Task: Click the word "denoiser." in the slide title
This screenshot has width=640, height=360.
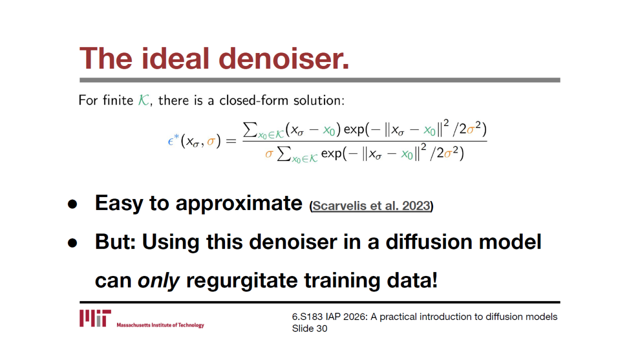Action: point(283,58)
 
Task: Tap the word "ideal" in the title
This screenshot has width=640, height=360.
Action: point(175,58)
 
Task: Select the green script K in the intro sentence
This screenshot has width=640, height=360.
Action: point(143,100)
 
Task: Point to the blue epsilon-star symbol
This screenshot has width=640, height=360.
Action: point(173,140)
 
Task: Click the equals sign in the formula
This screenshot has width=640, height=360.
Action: point(231,141)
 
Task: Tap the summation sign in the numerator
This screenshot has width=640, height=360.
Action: point(250,129)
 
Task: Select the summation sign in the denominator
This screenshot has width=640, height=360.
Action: point(284,153)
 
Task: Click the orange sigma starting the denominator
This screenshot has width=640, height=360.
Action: point(269,154)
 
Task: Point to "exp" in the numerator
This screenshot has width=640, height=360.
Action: point(354,130)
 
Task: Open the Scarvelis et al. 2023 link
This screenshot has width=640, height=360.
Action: point(371,205)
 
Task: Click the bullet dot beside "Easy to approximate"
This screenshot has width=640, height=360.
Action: point(72,204)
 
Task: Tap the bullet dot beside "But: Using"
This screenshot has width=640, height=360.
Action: point(72,243)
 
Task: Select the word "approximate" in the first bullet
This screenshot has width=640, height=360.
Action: point(239,203)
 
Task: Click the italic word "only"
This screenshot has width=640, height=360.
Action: point(158,280)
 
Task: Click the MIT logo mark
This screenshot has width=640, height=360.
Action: point(95,318)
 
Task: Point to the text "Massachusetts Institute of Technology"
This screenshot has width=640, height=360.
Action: point(160,325)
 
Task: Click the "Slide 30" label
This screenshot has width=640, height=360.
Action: point(309,328)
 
